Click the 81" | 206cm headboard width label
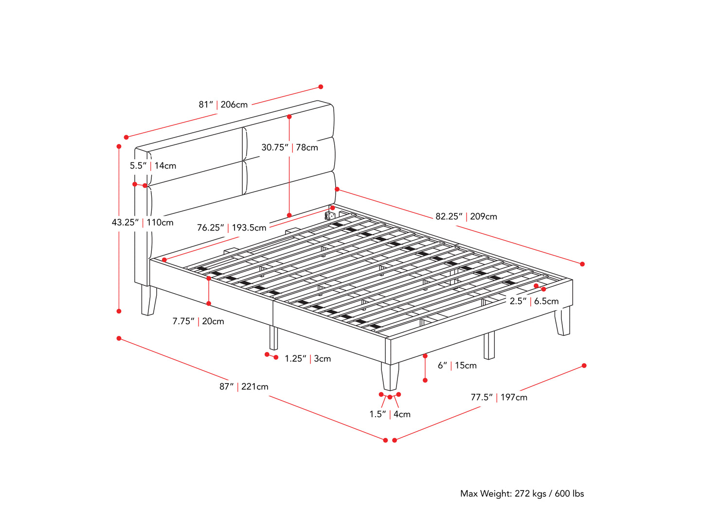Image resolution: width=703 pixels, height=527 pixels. (223, 105)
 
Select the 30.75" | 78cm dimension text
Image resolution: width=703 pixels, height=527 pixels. (289, 147)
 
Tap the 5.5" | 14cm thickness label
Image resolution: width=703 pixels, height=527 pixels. (153, 166)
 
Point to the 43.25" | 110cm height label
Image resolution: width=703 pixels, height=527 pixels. (143, 222)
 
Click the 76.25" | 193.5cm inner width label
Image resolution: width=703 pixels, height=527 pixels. (232, 228)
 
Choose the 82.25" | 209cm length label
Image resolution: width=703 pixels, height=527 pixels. (466, 216)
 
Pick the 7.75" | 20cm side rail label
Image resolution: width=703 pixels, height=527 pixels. (198, 321)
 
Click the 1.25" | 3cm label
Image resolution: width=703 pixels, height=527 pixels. (308, 359)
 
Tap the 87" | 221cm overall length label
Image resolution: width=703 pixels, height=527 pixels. (244, 386)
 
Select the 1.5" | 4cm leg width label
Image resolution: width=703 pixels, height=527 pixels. (390, 414)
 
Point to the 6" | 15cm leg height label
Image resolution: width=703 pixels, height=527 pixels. (457, 366)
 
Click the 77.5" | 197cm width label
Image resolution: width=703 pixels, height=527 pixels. (499, 397)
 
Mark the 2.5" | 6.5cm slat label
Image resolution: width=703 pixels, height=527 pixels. (534, 301)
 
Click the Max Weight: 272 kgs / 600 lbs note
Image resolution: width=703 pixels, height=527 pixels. (522, 494)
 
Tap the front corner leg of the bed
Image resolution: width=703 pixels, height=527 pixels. (390, 376)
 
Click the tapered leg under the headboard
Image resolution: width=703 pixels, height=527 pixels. (149, 300)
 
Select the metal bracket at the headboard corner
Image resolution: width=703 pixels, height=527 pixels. (329, 216)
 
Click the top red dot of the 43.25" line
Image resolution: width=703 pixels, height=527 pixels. (119, 146)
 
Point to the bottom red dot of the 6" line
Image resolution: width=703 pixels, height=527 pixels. (425, 380)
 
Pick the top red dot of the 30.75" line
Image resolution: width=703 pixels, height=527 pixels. (289, 117)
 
